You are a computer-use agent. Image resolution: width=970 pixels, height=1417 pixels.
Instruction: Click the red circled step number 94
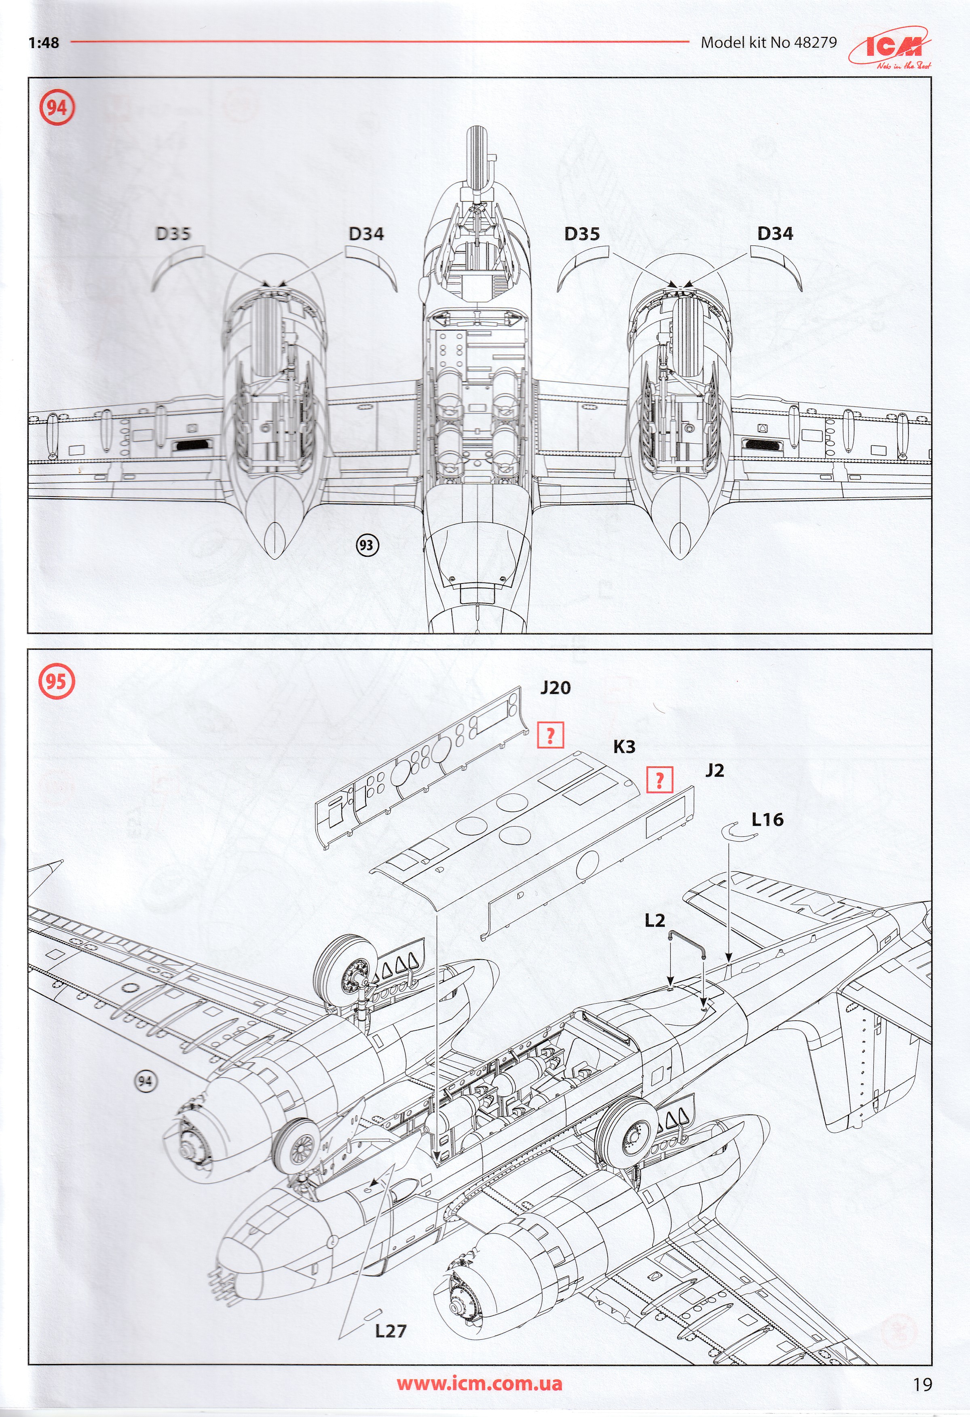tap(56, 108)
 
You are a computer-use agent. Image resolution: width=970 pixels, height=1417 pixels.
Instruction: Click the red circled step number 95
tap(56, 681)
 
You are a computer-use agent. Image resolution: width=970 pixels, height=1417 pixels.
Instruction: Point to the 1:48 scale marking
tap(43, 43)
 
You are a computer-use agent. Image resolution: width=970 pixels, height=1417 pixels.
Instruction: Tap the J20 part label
tap(555, 688)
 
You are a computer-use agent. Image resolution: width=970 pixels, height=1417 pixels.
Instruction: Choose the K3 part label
tap(624, 747)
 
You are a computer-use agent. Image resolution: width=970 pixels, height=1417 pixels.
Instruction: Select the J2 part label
tap(714, 771)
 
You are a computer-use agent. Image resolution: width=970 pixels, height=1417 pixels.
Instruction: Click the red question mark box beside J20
tap(550, 736)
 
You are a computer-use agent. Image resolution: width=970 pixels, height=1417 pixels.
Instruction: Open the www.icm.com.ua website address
tap(479, 1379)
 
